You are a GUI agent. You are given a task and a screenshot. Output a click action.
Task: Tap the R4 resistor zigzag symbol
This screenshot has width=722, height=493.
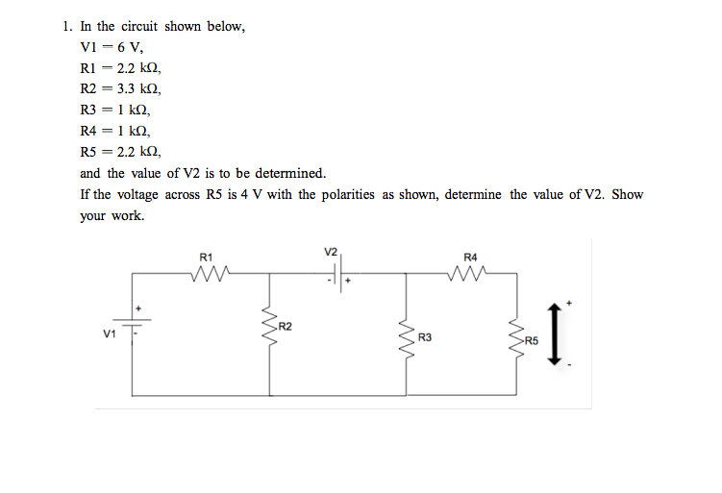[469, 275]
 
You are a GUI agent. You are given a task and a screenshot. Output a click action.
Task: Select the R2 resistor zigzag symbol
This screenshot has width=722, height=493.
[268, 332]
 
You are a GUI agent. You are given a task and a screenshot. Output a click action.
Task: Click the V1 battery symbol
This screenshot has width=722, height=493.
[134, 328]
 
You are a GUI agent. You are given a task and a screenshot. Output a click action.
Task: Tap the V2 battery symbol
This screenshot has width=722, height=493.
[337, 275]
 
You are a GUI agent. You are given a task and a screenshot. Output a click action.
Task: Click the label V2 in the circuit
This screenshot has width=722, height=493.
[331, 252]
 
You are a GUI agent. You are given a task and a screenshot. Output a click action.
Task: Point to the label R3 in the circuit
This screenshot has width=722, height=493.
[425, 338]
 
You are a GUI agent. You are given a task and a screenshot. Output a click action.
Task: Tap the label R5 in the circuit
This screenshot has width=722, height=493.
[534, 340]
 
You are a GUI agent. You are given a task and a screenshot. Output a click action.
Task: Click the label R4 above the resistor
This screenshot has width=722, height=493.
[469, 257]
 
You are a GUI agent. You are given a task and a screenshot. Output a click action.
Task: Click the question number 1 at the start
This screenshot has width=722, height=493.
[59, 27]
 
